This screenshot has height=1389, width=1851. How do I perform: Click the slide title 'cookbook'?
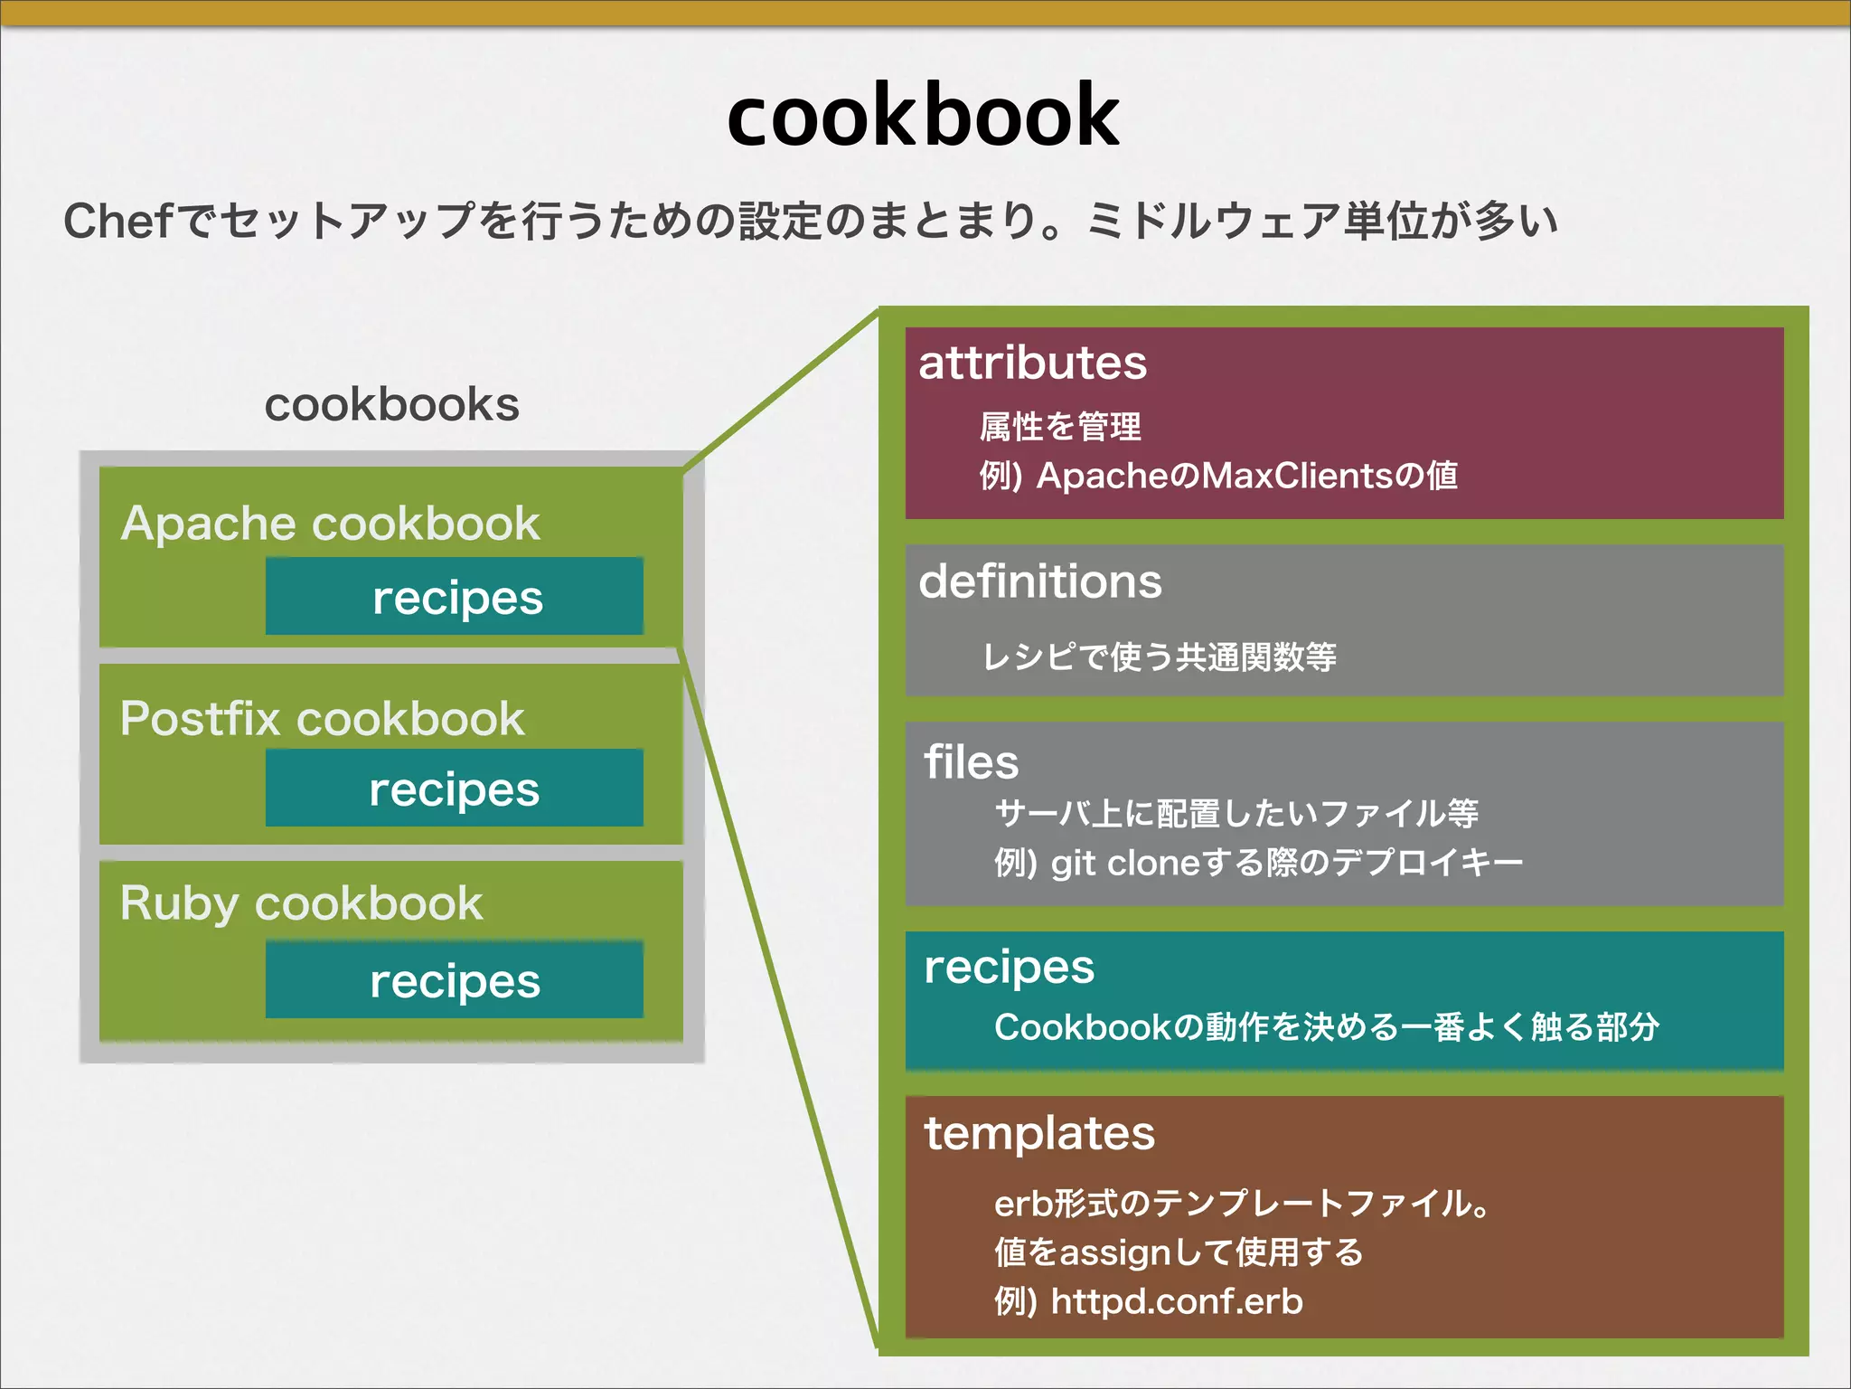tap(923, 116)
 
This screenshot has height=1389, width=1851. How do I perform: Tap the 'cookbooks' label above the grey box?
tap(391, 404)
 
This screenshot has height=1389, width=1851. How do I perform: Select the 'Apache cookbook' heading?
tap(331, 523)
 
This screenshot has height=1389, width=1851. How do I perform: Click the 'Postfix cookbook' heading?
tap(322, 719)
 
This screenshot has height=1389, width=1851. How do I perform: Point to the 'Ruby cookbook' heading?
tap(301, 903)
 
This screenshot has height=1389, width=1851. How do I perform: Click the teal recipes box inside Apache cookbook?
tap(455, 597)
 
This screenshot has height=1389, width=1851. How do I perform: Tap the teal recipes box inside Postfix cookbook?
tap(455, 789)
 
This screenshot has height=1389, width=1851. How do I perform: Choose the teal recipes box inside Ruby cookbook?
tap(455, 980)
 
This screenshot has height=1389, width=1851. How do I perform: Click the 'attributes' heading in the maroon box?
tap(1032, 364)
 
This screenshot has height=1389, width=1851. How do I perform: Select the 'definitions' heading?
tap(1039, 581)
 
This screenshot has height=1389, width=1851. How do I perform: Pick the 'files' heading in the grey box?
tap(971, 761)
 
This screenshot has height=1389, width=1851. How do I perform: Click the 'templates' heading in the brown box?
tap(1038, 1133)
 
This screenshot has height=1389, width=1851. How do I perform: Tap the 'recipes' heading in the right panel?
tap(1009, 968)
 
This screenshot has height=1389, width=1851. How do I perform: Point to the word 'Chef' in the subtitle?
tap(117, 222)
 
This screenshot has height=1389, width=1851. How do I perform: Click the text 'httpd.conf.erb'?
tap(1177, 1301)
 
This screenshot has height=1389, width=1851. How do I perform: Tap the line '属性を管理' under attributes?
tap(1060, 427)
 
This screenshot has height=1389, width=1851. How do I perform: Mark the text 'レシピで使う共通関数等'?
tap(1159, 657)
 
